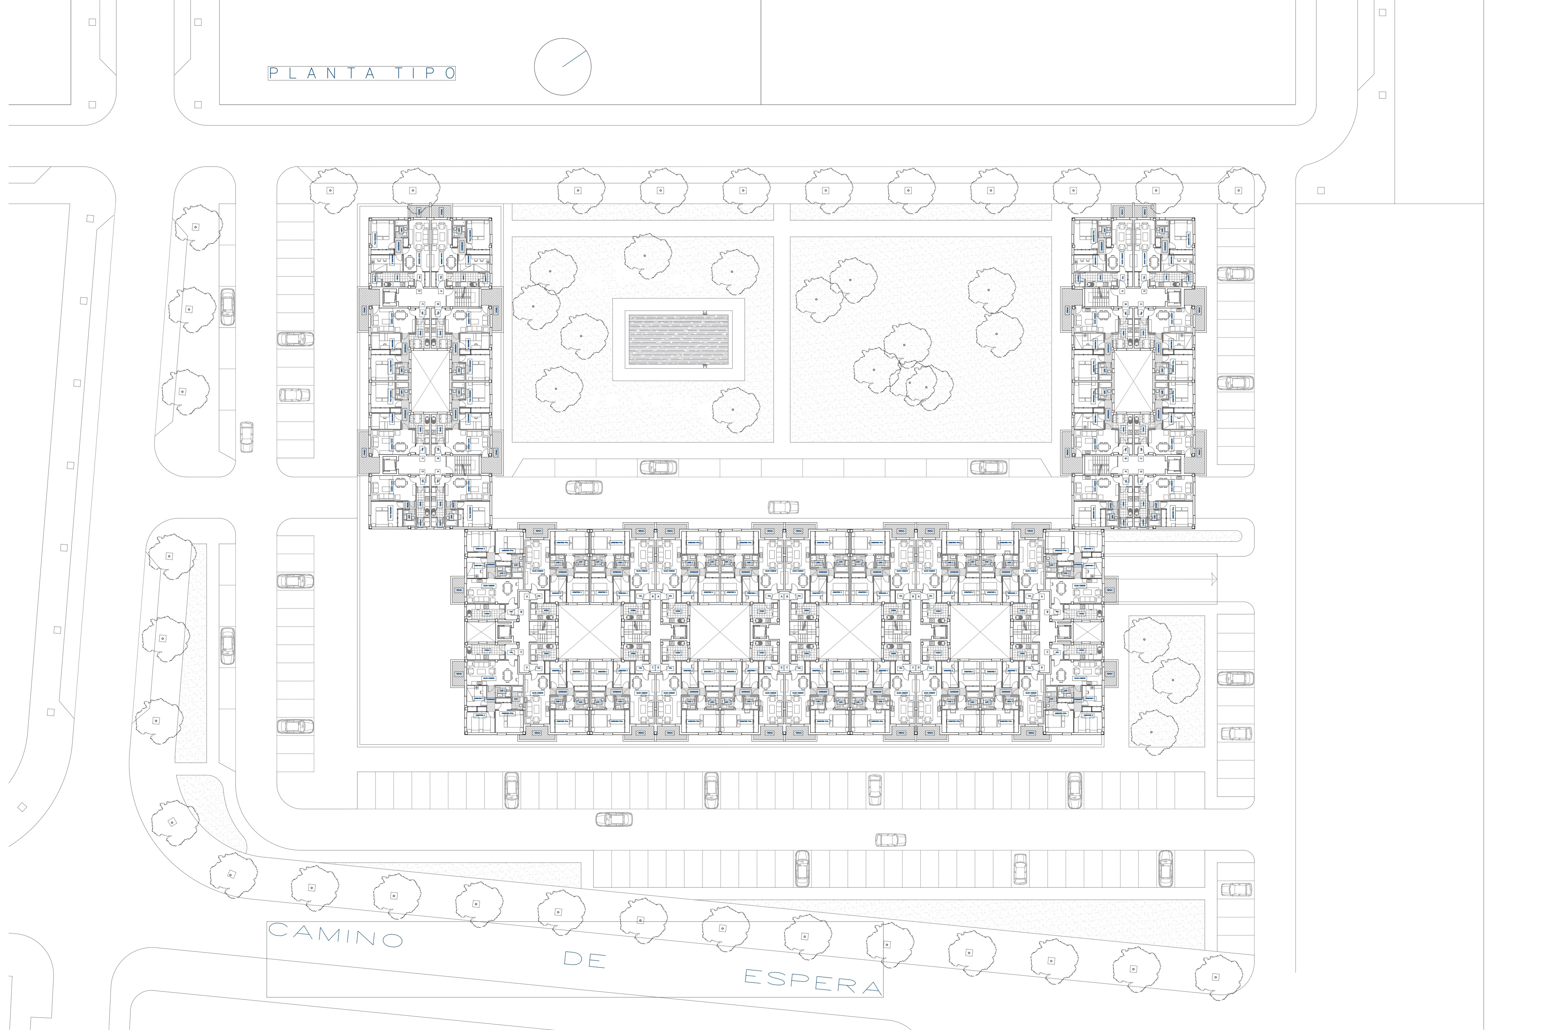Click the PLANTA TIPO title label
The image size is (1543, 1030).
click(x=361, y=73)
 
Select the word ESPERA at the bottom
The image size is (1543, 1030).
click(x=812, y=981)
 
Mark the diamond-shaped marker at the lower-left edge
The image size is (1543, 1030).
click(x=22, y=807)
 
